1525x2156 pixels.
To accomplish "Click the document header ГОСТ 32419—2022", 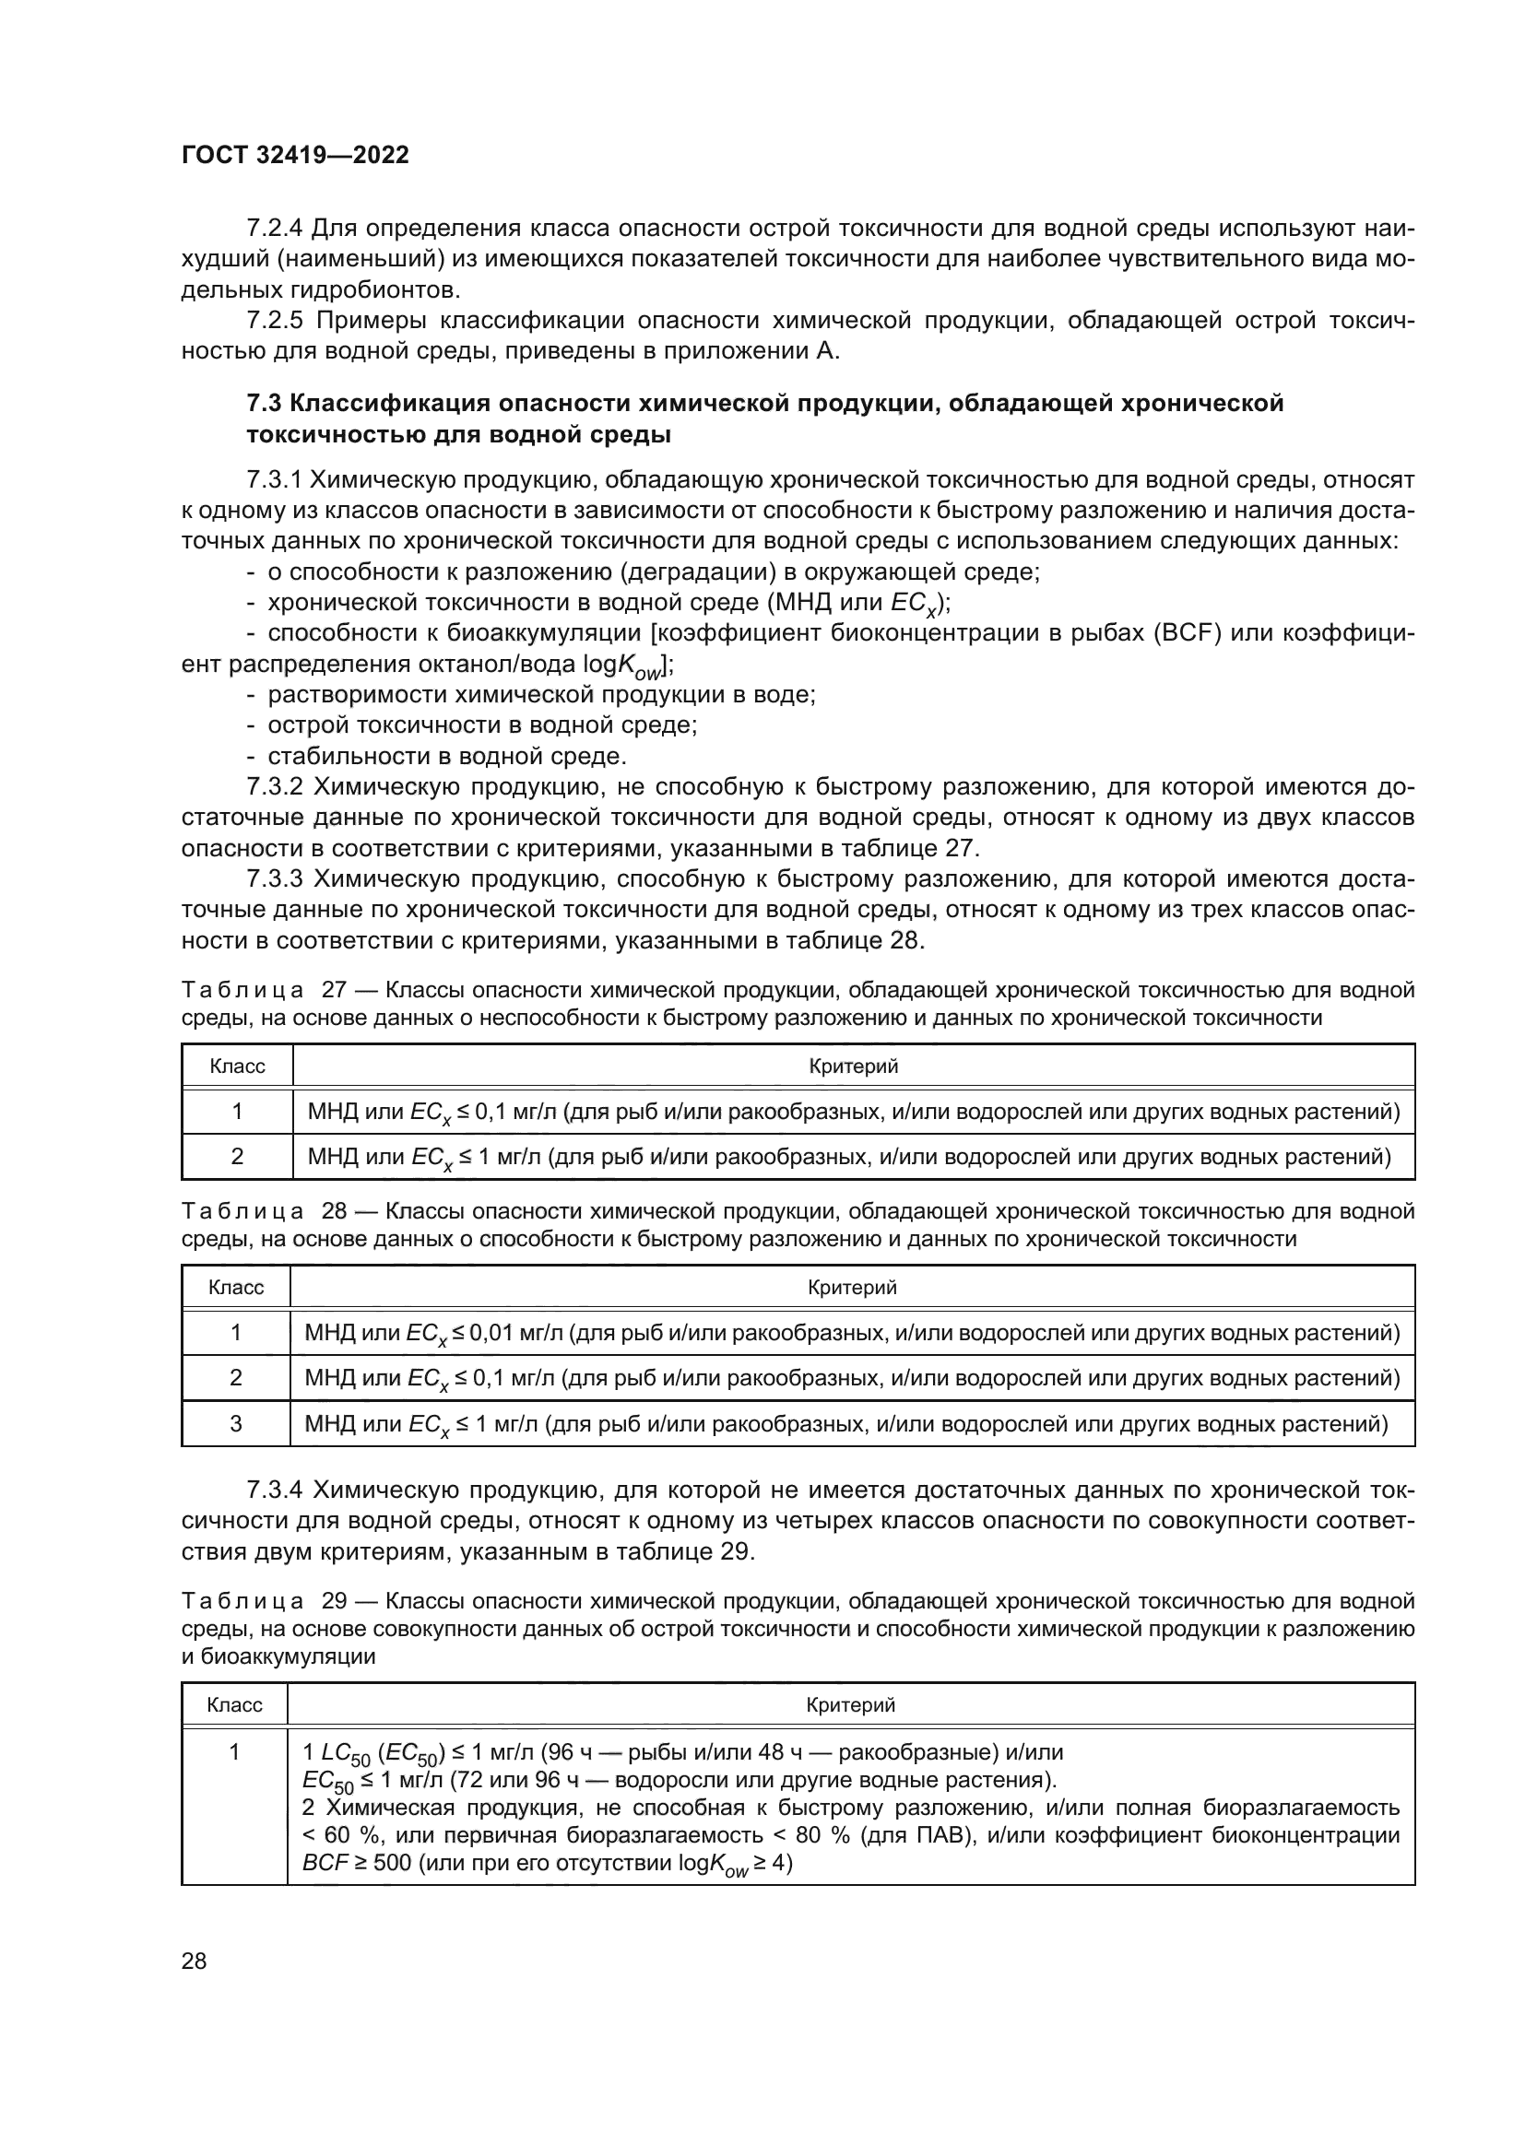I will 295,155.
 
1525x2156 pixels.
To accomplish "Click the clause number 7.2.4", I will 274,229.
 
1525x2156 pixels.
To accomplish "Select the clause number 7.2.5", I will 274,320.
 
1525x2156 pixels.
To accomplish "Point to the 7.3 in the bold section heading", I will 264,404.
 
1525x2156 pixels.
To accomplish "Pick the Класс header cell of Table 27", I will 237,1066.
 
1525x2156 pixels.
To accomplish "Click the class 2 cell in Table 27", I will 237,1156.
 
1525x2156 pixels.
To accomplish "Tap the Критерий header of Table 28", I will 852,1288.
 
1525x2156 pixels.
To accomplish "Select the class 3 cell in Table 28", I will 236,1423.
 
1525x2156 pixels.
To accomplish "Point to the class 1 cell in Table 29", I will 235,1751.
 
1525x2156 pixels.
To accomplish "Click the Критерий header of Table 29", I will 851,1704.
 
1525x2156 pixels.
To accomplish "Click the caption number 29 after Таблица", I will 336,1601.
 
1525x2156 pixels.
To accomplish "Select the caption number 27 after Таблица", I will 336,990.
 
